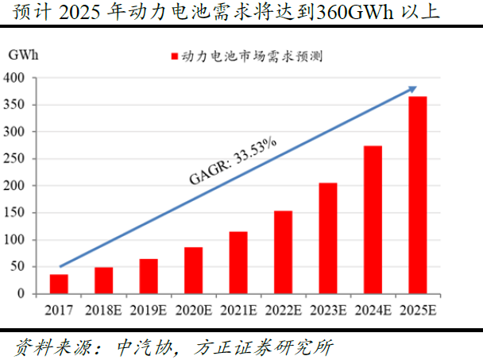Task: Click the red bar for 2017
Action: click(59, 284)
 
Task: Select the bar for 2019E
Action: click(149, 276)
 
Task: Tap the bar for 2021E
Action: click(238, 262)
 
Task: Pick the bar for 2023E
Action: click(328, 238)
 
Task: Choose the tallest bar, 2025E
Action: click(418, 195)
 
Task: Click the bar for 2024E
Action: click(373, 219)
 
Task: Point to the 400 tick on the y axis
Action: click(14, 78)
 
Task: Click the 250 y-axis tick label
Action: click(14, 159)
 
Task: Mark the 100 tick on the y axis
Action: click(14, 240)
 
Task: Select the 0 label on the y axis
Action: click(22, 294)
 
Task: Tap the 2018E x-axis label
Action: click(103, 310)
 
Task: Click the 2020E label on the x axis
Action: click(193, 310)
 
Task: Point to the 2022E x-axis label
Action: click(283, 310)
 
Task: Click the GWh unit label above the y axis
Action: click(25, 55)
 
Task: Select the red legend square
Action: click(174, 56)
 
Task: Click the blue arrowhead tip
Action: click(416, 87)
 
